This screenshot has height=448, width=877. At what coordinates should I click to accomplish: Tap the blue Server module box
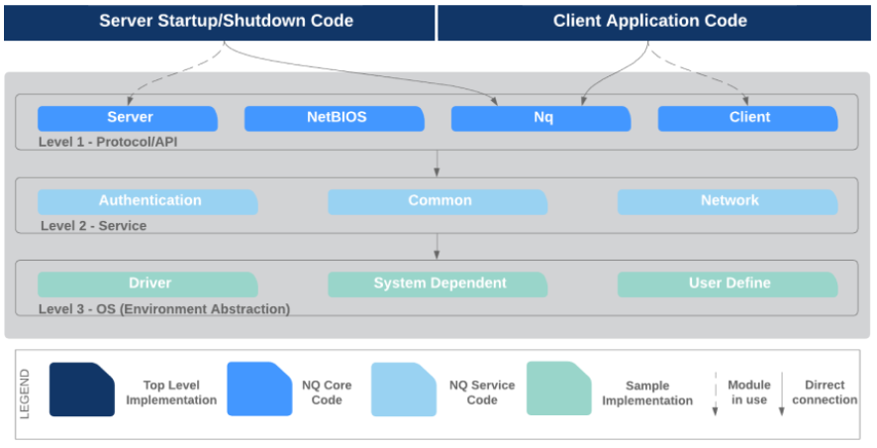tap(128, 118)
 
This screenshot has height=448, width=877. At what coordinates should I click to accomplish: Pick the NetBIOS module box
tap(335, 118)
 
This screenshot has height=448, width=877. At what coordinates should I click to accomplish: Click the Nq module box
tap(540, 118)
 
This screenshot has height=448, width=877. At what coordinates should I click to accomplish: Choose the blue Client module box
tap(747, 118)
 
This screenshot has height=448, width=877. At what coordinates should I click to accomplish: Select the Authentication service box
tap(147, 201)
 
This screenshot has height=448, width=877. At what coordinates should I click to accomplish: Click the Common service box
tap(438, 201)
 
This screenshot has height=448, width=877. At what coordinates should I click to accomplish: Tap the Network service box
tap(728, 201)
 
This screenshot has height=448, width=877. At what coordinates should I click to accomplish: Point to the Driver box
tap(147, 284)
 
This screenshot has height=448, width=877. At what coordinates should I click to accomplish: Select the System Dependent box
tap(438, 284)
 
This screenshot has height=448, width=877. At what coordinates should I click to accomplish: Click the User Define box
tap(728, 284)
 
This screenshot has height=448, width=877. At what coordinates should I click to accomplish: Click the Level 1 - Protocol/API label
tap(108, 143)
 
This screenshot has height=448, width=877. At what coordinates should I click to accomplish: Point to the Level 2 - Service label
tap(93, 226)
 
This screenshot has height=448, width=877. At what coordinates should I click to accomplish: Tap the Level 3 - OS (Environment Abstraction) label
tap(164, 309)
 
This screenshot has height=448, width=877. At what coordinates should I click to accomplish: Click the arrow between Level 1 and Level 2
tap(437, 164)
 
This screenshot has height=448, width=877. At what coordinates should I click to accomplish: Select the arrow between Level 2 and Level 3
tap(437, 247)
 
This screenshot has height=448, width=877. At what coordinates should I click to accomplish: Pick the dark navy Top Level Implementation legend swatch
tap(81, 390)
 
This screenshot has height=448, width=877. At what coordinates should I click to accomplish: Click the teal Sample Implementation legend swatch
tap(558, 389)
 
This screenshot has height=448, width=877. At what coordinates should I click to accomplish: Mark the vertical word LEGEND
tap(25, 393)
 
